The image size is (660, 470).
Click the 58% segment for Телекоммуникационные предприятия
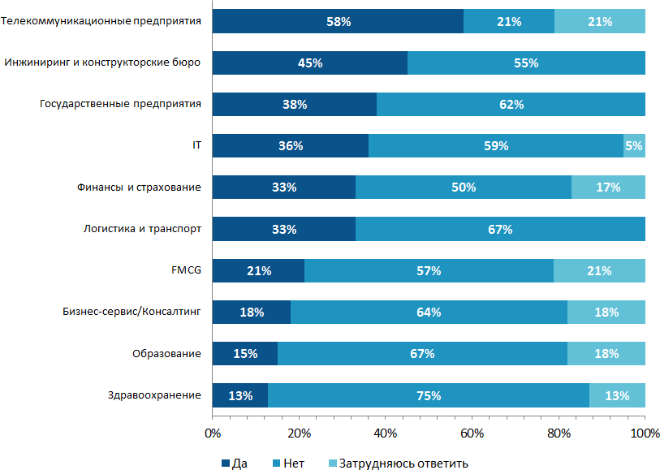pos(338,21)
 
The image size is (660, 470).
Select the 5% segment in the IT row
pos(634,146)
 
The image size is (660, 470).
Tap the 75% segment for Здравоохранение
pos(429,395)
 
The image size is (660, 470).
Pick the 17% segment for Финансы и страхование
pos(608,188)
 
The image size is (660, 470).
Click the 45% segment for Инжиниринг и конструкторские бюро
pos(309,63)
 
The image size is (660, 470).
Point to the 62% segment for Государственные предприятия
pos(511,104)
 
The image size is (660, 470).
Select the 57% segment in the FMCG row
pos(429,271)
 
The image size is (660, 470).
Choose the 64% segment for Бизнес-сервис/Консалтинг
pos(429,313)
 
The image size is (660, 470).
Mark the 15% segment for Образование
pos(244,354)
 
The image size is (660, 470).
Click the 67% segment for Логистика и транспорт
pos(500,229)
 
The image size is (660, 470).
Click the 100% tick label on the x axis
pos(645,432)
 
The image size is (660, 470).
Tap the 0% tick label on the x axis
pos(212,432)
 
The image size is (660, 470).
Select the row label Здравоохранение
pos(154,395)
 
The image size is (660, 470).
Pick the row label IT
pos(196,146)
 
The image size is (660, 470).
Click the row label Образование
pos(166,354)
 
